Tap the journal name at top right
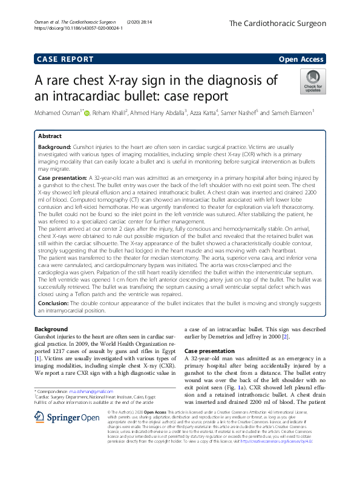click(x=278, y=24)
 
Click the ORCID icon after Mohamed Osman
click(x=87, y=113)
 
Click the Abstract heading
click(x=51, y=137)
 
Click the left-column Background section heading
click(x=52, y=329)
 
